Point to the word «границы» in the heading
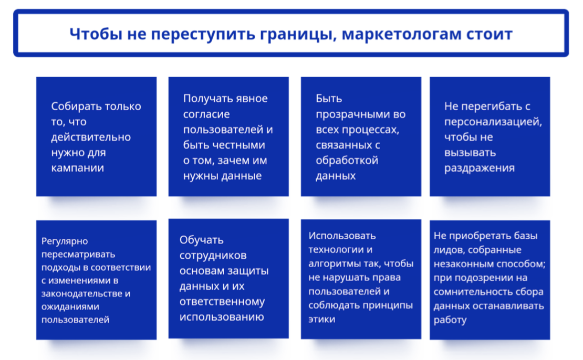point(298,35)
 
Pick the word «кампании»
point(77,168)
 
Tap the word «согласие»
point(206,114)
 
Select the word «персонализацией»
point(493,122)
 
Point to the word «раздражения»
point(479,168)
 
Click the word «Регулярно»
point(65,241)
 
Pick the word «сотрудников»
point(213,255)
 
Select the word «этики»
point(321,319)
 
